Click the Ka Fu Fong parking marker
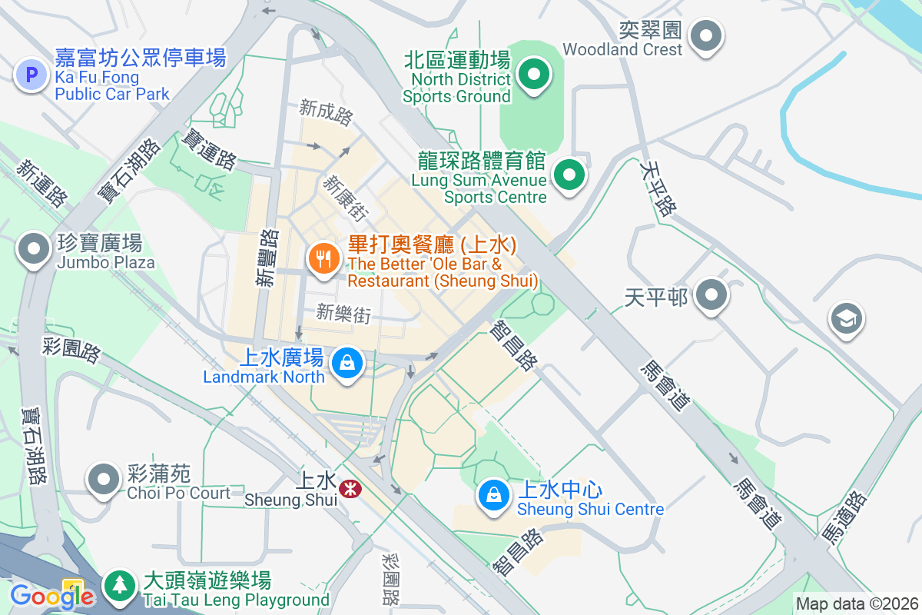32,75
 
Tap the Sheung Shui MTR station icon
350,488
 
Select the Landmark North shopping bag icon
347,362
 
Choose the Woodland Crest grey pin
705,35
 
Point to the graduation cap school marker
847,319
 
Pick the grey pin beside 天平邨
711,295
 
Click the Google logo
51,596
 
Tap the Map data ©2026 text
856,604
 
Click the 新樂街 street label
343,313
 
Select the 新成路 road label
326,113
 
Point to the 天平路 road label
658,189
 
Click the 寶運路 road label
208,149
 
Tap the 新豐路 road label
266,258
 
